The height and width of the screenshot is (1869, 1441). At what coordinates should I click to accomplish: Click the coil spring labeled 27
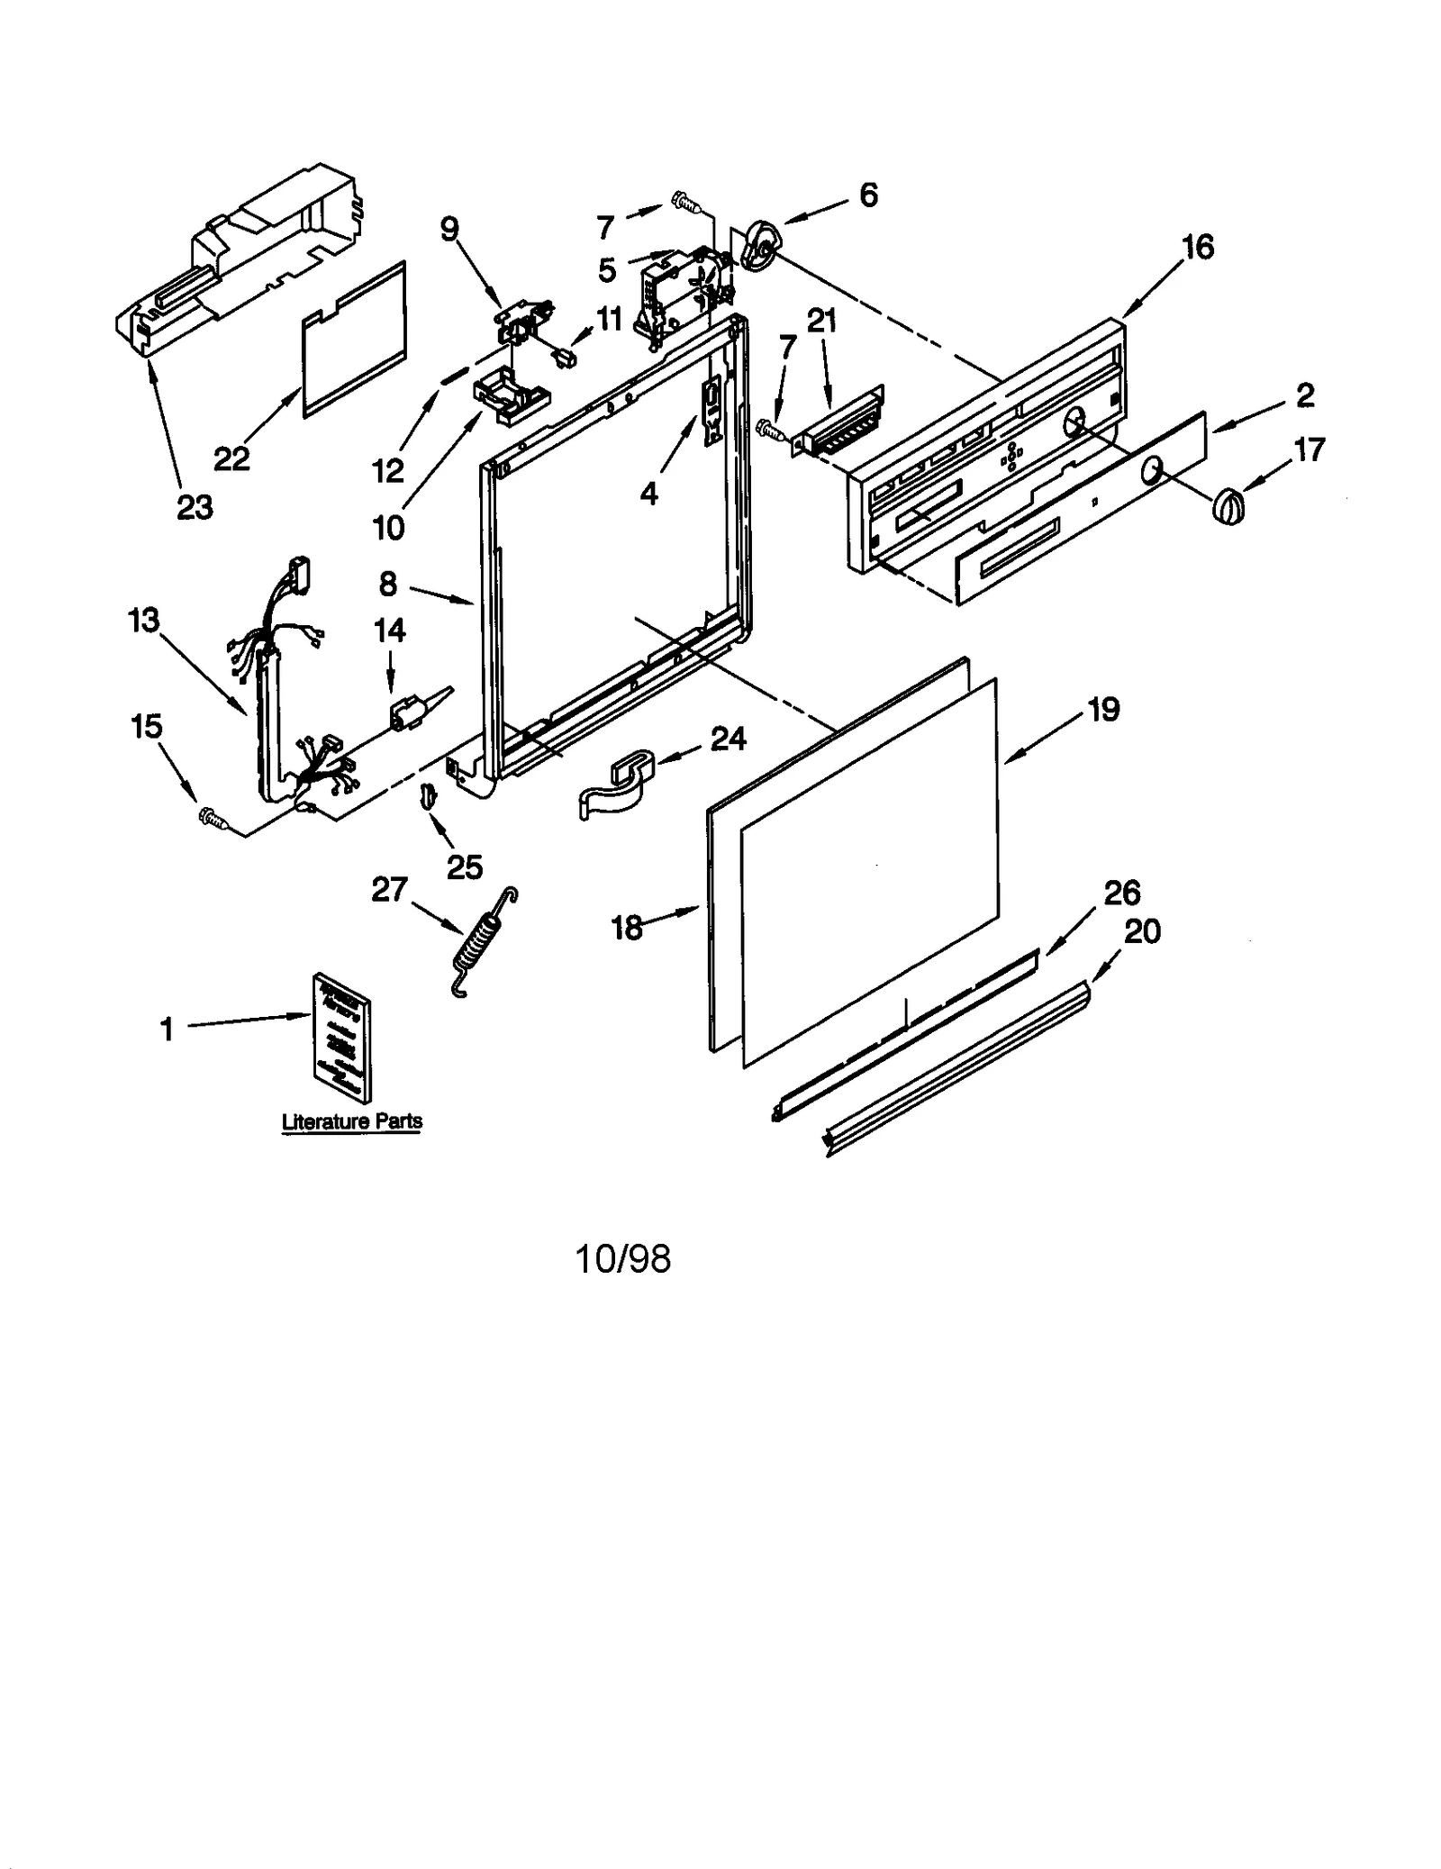point(483,942)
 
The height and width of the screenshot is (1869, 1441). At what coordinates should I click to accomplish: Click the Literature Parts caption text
point(352,1121)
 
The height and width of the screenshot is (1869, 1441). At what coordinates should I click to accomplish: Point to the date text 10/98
point(623,1258)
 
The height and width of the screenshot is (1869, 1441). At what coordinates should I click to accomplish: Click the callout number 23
point(195,508)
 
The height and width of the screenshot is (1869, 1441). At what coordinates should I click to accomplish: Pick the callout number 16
point(1198,247)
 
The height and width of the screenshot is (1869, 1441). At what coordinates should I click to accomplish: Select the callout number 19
point(1103,710)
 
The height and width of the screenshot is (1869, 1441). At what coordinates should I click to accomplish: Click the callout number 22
point(231,459)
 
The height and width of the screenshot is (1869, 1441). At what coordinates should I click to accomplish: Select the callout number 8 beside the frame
point(388,585)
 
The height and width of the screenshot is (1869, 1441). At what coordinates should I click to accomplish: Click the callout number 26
point(1122,893)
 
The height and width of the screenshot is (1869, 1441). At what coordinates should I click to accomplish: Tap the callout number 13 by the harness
point(144,621)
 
